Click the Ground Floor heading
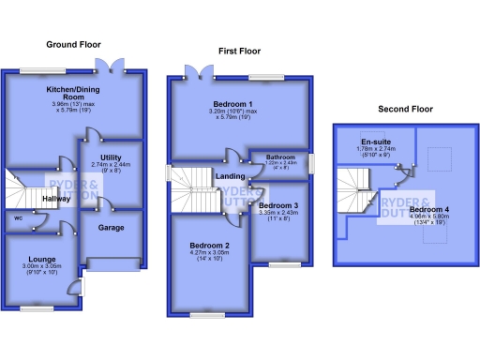(x=73, y=44)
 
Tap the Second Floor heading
(x=405, y=109)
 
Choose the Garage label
(x=112, y=227)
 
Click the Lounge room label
(x=42, y=259)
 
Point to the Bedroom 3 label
(x=278, y=205)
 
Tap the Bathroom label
(x=280, y=156)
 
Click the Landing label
(x=232, y=174)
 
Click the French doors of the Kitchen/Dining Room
(x=112, y=66)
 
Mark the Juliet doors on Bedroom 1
(x=198, y=71)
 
